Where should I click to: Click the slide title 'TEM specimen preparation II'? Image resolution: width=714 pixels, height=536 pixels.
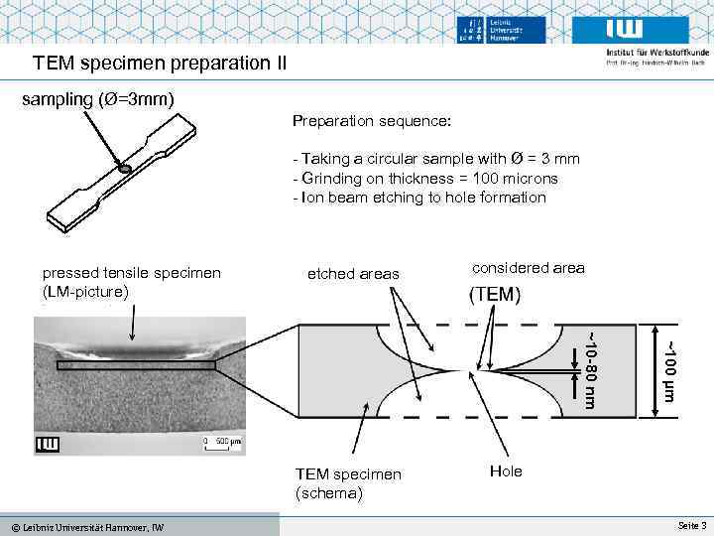pos(160,64)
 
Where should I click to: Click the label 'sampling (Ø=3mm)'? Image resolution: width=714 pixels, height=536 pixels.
pos(99,99)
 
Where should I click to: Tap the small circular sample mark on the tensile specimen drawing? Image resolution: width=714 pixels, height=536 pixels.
pos(125,170)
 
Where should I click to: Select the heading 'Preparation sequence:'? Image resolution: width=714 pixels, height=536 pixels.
pos(372,121)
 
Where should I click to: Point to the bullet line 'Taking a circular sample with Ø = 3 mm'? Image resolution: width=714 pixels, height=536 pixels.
pos(436,159)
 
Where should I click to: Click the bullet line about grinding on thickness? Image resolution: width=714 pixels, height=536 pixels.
pos(425,179)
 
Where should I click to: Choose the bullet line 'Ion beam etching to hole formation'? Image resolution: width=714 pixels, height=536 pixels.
pos(419,198)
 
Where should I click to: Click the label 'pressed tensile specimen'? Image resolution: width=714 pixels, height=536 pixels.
pos(132,273)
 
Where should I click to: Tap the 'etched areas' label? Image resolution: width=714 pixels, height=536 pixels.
pos(353,274)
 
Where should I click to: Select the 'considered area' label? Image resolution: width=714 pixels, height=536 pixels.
pos(529,268)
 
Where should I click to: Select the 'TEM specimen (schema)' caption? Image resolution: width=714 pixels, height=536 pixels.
pos(348,482)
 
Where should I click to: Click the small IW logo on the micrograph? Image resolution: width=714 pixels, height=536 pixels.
pos(47,444)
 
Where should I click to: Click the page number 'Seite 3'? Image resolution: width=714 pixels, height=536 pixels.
pos(691,525)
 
